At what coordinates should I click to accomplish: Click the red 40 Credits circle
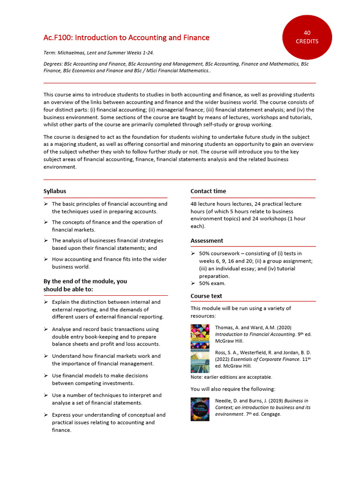307,37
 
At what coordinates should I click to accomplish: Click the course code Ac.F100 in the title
57,37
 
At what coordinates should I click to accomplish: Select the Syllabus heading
55,191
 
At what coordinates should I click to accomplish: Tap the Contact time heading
208,191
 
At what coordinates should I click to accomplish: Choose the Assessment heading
207,240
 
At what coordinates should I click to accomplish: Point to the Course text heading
206,296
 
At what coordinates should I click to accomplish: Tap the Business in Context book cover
200,409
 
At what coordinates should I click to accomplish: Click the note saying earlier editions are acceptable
231,377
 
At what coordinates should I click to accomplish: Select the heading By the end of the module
85,285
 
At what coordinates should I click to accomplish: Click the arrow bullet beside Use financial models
46,375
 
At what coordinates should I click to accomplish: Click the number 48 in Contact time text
194,204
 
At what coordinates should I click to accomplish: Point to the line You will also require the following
233,389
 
